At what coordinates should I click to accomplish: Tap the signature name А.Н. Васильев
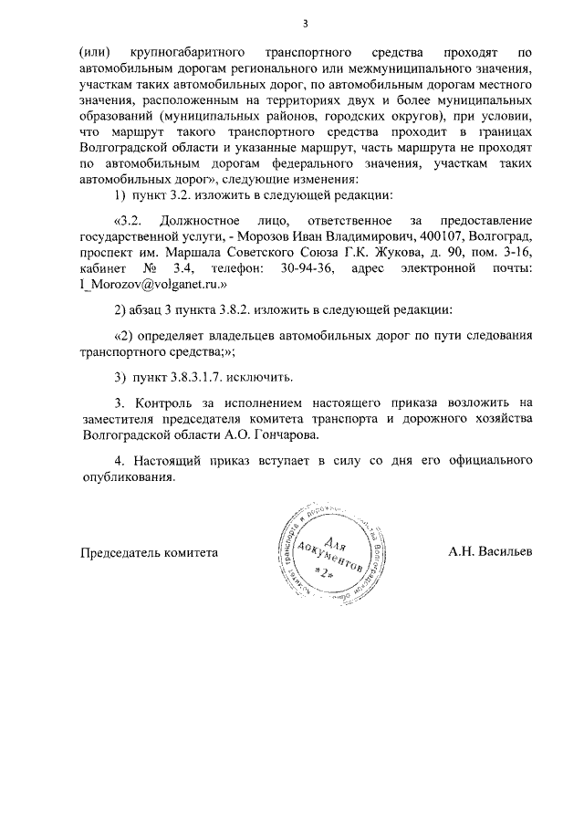(490, 552)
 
